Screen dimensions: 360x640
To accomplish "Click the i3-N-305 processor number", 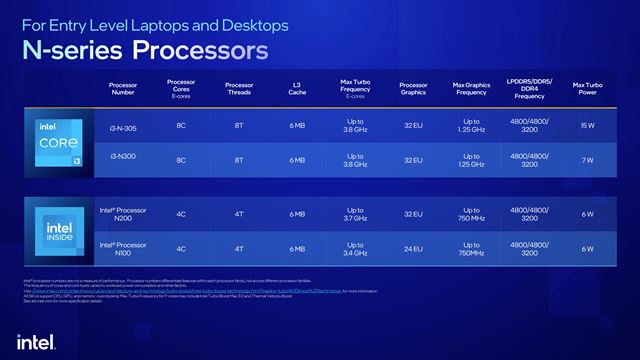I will [123, 128].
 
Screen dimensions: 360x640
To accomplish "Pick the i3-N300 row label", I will [123, 160].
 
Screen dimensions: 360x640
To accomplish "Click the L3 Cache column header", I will [297, 90].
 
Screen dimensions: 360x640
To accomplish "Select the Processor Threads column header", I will [239, 90].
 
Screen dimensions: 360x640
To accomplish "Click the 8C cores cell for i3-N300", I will [181, 160].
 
